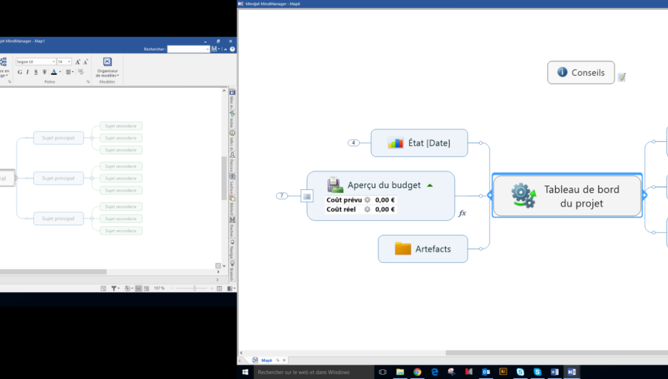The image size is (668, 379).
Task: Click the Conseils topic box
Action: tap(581, 73)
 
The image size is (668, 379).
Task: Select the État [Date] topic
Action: tap(419, 143)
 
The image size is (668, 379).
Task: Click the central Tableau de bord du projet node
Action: tap(567, 196)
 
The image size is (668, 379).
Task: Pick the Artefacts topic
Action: tap(422, 249)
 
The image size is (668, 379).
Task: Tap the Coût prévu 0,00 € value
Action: tap(385, 200)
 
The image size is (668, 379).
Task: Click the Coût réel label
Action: tap(341, 209)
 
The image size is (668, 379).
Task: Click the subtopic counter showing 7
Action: tap(281, 196)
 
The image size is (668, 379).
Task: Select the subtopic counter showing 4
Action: tap(353, 143)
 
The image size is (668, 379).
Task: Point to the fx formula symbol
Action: tap(462, 213)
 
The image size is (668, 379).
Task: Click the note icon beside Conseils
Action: tap(622, 77)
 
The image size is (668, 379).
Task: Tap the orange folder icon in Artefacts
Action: tap(403, 249)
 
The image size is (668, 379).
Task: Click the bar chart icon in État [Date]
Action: tap(395, 143)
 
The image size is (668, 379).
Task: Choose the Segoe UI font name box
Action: tap(35, 62)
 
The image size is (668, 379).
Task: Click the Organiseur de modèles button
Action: tap(107, 67)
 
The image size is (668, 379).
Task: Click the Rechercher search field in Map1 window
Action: tap(188, 49)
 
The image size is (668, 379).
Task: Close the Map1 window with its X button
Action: tap(231, 41)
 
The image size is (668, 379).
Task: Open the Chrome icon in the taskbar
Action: tap(417, 372)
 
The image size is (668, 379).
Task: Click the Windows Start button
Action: tap(246, 372)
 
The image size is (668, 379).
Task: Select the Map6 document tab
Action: tap(267, 361)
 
